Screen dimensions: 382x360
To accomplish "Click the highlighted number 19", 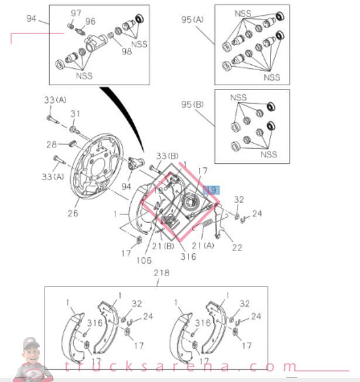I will (x=211, y=190).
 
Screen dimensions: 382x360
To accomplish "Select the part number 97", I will (x=76, y=13).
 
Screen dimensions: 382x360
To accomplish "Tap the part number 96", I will (x=90, y=22).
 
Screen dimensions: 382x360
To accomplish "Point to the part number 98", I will (x=126, y=51).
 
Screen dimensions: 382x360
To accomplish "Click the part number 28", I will (x=52, y=144).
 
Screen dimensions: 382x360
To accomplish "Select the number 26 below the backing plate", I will (x=73, y=213).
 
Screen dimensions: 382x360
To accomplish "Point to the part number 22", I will (x=236, y=248).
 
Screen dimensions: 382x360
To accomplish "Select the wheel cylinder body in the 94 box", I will (x=94, y=43).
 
